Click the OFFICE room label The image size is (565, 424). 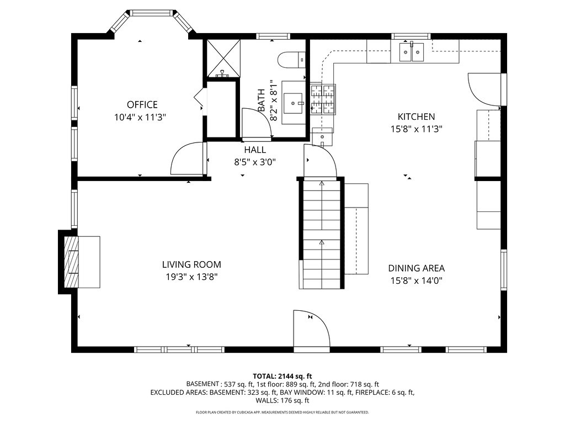point(142,104)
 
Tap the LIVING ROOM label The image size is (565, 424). point(191,264)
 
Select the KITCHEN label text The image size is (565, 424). point(416,117)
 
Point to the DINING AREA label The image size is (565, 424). point(416,268)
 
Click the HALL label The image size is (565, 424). point(255,150)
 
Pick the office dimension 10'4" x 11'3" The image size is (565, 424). point(140,117)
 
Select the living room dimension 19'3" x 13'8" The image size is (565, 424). point(191,277)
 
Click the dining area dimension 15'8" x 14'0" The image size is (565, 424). point(416,280)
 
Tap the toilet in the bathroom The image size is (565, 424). point(292,60)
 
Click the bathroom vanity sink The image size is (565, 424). point(294,102)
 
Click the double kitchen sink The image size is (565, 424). point(412,52)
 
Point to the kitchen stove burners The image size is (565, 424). point(323,99)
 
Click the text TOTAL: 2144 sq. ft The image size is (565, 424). point(282,377)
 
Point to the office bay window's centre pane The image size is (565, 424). point(151,13)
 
